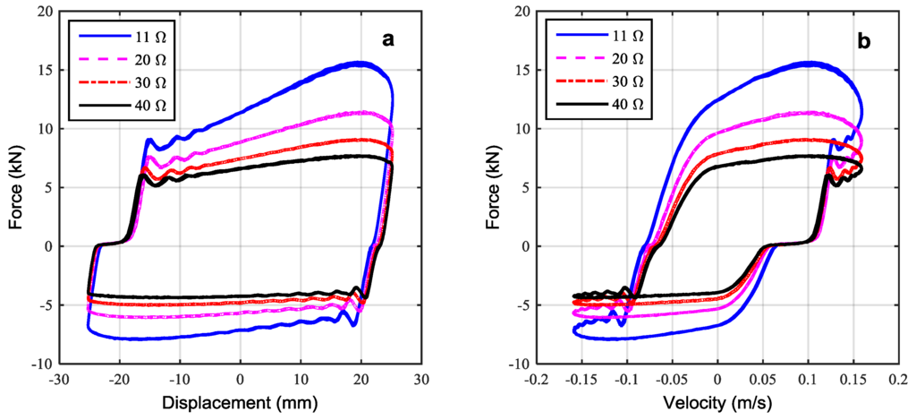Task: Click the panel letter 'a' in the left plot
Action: [x=387, y=39]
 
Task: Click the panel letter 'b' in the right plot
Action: [x=865, y=39]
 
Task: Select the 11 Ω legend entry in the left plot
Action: [x=125, y=36]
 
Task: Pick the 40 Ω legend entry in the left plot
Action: [x=125, y=105]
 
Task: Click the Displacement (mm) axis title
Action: [x=240, y=404]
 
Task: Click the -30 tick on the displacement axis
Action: [x=58, y=380]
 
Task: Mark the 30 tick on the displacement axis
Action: [x=422, y=380]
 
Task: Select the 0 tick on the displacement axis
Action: [x=240, y=380]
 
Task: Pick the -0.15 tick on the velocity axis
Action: [x=580, y=380]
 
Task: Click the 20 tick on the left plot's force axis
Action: [x=44, y=12]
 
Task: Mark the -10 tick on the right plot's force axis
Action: [x=519, y=364]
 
